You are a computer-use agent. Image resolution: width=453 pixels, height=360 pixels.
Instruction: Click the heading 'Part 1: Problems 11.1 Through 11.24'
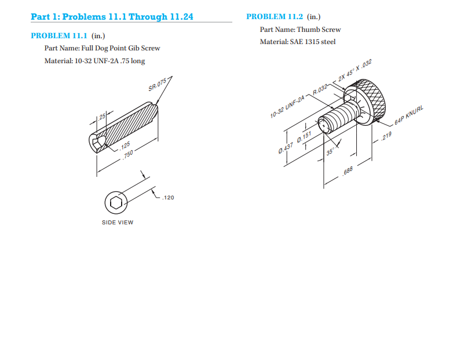pos(112,17)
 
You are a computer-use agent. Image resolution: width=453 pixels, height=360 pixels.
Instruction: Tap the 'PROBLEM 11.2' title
pos(275,17)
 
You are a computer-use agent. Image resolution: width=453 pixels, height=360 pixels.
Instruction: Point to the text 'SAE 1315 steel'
pos(315,41)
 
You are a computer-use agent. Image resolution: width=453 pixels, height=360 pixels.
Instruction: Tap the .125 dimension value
pos(124,144)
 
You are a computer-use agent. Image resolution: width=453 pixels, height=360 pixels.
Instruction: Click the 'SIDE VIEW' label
pos(118,223)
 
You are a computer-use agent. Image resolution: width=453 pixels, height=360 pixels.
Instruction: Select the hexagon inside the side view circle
pos(116,202)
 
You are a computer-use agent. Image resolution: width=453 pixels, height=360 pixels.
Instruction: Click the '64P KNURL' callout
pos(409,117)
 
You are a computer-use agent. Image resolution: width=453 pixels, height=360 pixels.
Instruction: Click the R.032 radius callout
pos(320,89)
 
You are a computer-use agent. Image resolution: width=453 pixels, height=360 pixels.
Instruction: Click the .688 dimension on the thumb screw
pos(348,170)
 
